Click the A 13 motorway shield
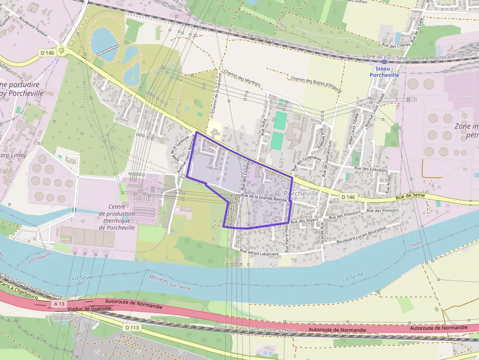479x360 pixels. click(59, 304)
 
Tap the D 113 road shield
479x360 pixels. click(131, 327)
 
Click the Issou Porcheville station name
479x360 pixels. click(384, 72)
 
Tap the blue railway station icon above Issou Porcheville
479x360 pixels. click(384, 62)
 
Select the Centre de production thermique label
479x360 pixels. click(117, 217)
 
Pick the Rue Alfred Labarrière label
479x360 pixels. click(259, 253)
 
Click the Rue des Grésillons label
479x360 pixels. click(371, 169)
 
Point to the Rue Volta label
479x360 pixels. click(263, 127)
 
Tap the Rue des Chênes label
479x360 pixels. click(396, 45)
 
